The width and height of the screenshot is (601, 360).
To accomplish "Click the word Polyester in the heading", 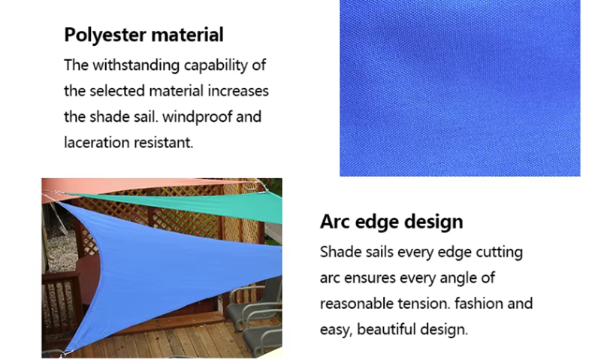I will pos(104,35).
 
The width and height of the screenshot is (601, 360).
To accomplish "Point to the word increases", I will pos(237,92).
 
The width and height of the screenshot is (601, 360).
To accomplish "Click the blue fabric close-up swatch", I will pos(460,88).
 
